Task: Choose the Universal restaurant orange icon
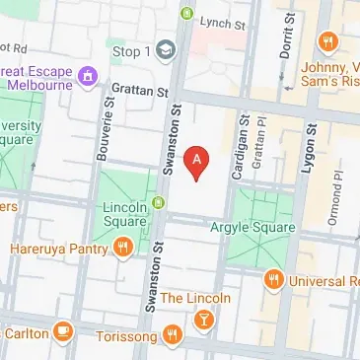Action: (274, 280)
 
